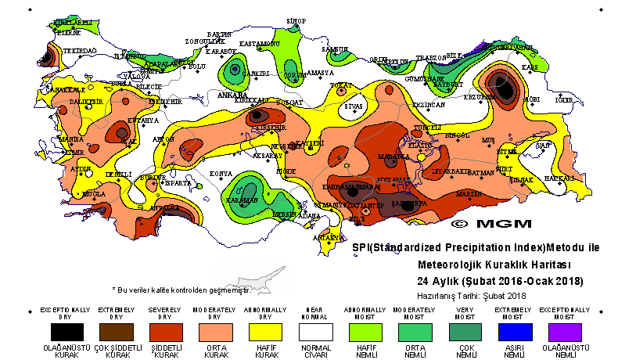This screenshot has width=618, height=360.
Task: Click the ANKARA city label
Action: click(x=232, y=95)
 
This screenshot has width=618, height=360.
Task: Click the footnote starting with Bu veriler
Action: click(x=184, y=289)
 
